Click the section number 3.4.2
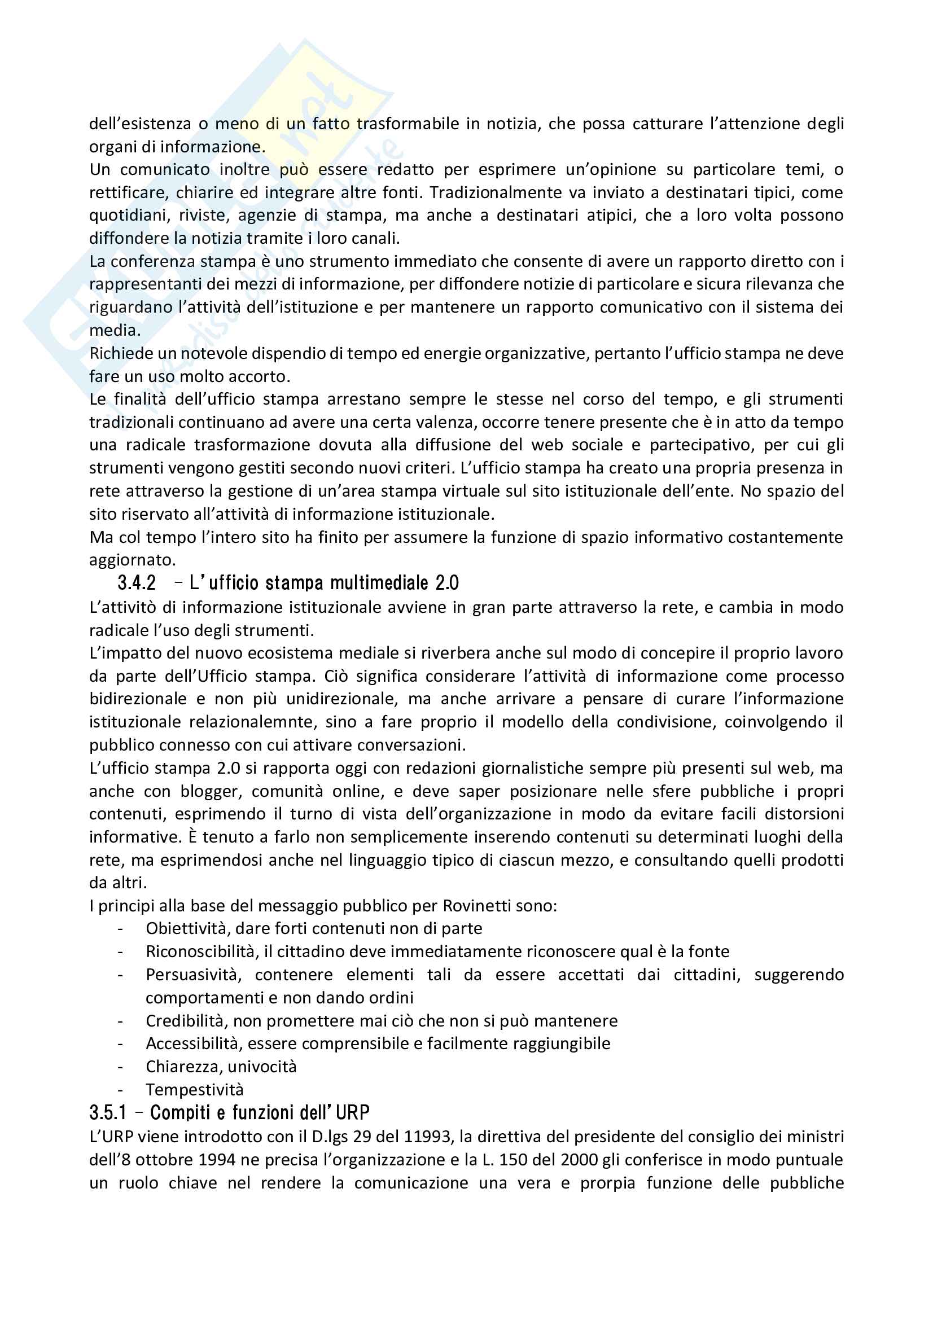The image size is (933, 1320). point(137,583)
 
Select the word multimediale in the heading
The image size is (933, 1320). point(379,583)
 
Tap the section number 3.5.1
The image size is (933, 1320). point(107,1112)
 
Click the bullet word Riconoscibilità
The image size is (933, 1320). point(200,951)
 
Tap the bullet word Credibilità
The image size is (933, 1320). point(187,1020)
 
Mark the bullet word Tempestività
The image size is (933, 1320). point(194,1089)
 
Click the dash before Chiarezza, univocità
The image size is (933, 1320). point(120,1067)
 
